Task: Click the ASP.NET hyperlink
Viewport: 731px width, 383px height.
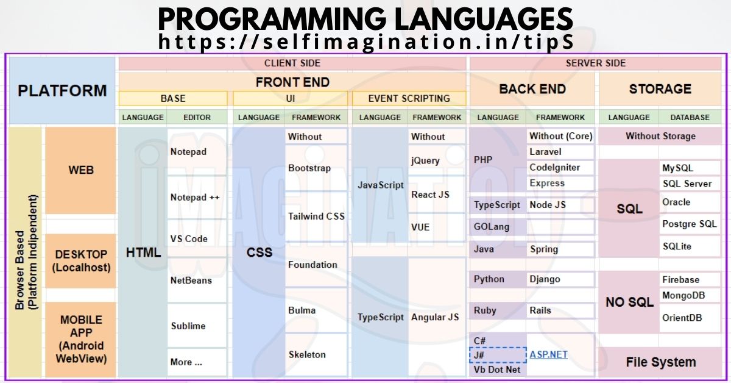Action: pos(548,354)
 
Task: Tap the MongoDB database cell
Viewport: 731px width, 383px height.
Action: pos(683,296)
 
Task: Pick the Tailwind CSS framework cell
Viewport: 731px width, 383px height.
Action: pos(316,216)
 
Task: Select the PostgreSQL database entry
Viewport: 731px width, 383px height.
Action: pos(689,224)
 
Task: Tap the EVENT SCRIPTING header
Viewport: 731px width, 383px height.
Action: pos(409,98)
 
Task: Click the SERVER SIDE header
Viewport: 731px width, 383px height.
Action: pos(595,63)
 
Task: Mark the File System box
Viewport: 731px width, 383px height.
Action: pos(660,362)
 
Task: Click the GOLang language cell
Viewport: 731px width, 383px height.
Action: pos(492,227)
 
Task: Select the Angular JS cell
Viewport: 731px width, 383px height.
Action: pos(435,317)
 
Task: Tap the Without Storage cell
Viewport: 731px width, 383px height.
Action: pos(660,136)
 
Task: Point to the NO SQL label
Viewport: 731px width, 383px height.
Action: pos(629,302)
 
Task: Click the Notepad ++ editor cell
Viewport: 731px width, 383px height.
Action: pos(195,198)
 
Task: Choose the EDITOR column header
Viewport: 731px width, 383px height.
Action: pos(197,117)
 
